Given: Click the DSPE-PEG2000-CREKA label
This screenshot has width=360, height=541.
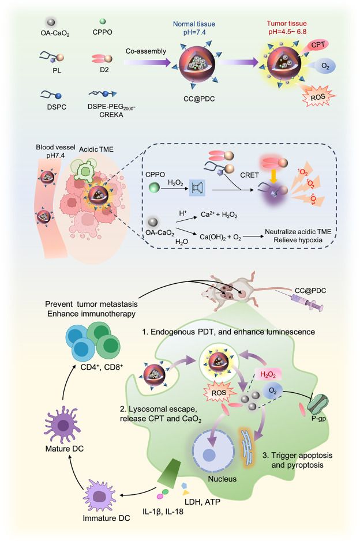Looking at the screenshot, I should pos(108,114).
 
